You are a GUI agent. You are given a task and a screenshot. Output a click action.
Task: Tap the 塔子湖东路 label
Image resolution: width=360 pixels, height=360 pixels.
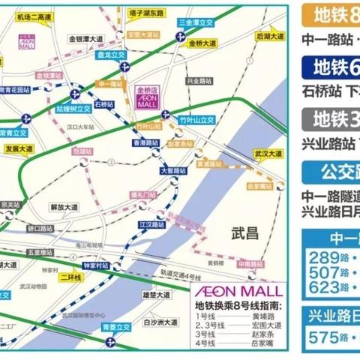point(147,13)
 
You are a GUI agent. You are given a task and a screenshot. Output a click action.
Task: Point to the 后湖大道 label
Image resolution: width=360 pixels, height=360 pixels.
point(269,35)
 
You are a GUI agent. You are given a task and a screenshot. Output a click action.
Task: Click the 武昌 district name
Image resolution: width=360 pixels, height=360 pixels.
point(245,234)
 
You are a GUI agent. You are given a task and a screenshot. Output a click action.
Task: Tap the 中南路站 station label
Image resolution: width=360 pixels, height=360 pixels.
point(250,265)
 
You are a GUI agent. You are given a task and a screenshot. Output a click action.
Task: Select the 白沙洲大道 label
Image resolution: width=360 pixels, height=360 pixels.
point(160,322)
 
